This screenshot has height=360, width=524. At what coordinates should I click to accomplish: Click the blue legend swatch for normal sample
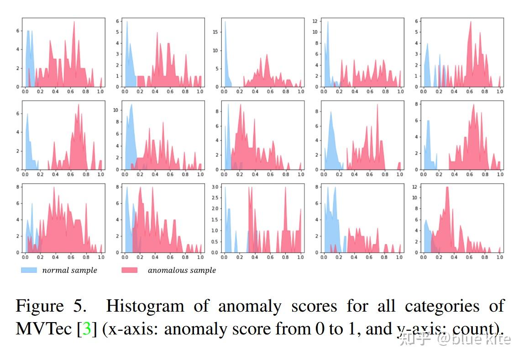click(x=29, y=270)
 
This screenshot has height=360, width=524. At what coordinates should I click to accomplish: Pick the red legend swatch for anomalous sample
click(x=129, y=270)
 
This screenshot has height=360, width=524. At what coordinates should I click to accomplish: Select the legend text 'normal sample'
click(x=69, y=270)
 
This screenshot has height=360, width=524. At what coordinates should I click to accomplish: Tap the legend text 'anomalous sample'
click(x=182, y=270)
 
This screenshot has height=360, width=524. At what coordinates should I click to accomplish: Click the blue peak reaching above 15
click(x=225, y=23)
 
